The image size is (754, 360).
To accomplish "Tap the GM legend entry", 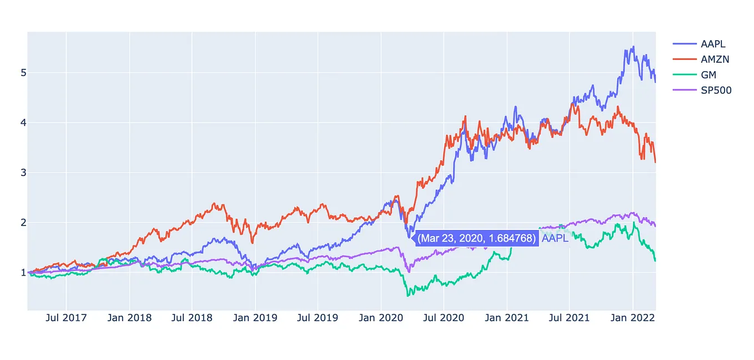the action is [695, 75].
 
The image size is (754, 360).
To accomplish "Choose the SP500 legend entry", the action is [702, 90].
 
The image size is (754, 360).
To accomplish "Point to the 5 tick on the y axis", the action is [23, 73].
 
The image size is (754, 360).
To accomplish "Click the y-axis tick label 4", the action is [23, 123].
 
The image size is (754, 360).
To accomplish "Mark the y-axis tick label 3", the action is [23, 173].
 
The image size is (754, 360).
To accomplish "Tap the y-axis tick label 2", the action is [23, 223].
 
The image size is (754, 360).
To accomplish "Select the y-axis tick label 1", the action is [23, 272].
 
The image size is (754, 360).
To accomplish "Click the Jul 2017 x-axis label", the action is [66, 318].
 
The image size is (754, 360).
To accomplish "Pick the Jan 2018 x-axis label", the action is [129, 318].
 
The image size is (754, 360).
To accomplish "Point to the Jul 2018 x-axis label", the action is [192, 318].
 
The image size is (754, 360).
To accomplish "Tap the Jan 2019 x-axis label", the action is [255, 318].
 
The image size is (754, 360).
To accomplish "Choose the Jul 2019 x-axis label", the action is [318, 318].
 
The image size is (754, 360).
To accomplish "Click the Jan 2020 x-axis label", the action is [381, 318].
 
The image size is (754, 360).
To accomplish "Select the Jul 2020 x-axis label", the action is [443, 318].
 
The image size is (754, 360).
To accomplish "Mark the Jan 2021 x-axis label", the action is [506, 318].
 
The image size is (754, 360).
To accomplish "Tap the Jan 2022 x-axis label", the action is [632, 318].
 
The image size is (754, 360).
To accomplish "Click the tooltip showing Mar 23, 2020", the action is [476, 238].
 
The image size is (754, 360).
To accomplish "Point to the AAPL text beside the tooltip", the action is [555, 238].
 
